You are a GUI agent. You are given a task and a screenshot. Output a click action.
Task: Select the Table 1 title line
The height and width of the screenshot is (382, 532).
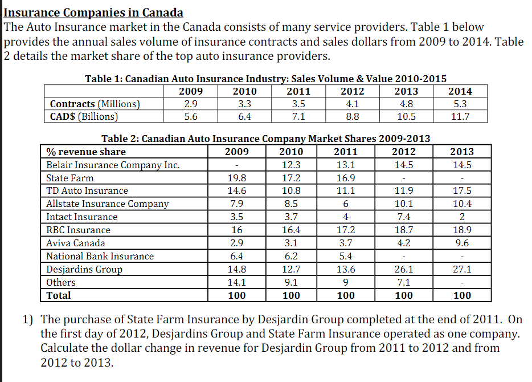265,79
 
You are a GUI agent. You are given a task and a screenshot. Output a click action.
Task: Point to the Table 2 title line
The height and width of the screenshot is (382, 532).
265,139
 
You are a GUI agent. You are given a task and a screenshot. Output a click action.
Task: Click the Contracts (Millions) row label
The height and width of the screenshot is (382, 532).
95,104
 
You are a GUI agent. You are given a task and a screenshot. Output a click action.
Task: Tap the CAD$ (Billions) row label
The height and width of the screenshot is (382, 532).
84,116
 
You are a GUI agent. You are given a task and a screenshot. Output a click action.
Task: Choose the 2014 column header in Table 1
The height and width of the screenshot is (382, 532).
460,91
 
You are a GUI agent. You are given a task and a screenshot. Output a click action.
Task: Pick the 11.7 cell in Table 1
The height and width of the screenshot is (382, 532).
460,116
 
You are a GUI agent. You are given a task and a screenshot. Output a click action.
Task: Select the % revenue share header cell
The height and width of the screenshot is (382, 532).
86,152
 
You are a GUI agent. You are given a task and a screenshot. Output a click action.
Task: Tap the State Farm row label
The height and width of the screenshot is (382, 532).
69,178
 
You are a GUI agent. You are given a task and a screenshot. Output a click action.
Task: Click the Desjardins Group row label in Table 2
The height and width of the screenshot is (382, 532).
84,269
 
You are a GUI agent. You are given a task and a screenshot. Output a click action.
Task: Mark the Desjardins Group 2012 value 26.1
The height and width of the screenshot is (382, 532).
403,269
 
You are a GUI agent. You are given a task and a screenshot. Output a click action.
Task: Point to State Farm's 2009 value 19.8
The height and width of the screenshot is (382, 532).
236,178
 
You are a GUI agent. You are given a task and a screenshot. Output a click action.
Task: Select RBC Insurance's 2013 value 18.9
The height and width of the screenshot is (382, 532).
461,230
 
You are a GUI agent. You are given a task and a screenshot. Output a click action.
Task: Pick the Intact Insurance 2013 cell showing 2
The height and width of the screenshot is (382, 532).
461,217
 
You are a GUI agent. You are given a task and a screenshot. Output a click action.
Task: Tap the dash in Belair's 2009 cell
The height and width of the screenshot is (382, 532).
236,165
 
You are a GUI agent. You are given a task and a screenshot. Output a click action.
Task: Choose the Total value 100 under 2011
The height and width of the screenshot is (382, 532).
346,295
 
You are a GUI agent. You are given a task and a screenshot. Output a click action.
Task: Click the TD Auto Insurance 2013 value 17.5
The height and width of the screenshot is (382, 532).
461,191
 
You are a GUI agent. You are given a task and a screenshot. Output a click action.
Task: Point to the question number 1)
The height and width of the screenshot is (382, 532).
29,319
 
